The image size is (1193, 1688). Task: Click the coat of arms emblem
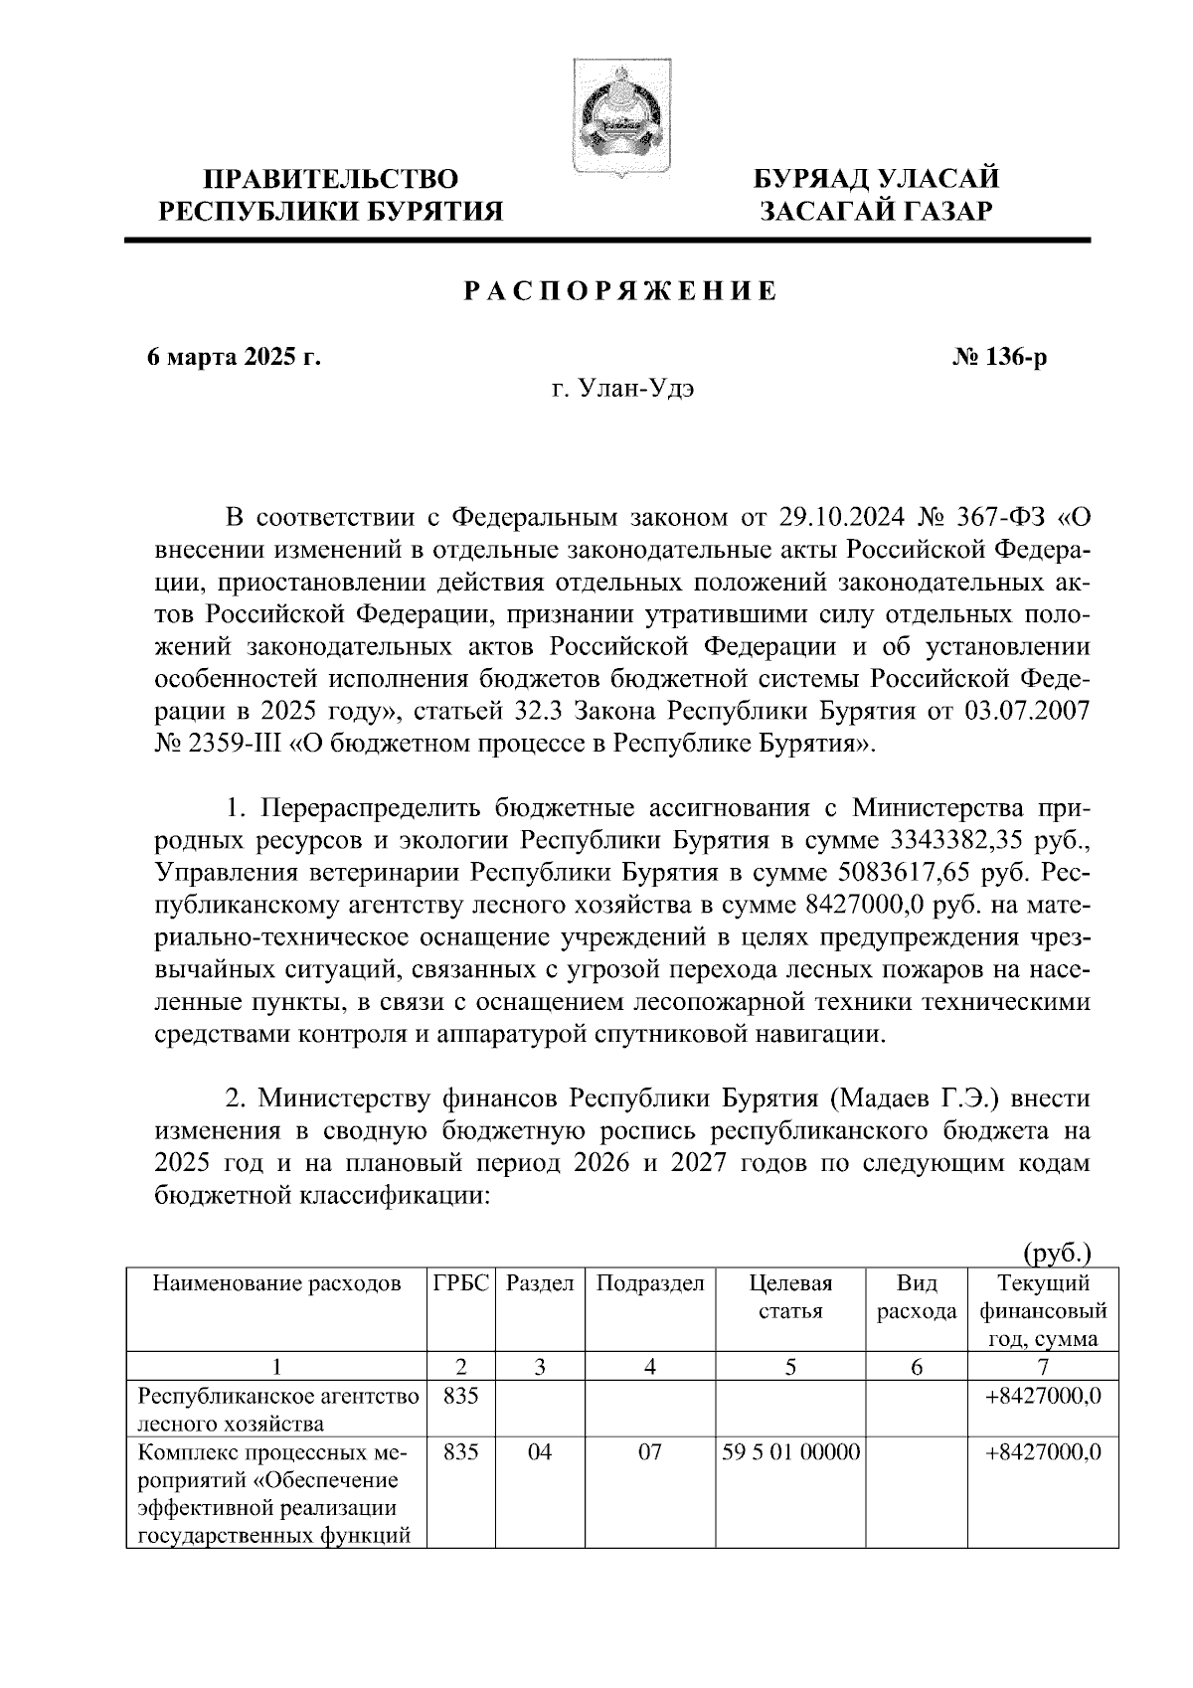609,119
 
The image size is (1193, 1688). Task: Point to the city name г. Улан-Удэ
623,389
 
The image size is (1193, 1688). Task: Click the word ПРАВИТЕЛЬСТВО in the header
332,180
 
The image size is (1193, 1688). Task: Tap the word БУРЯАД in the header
813,180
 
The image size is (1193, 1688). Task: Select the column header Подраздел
650,1283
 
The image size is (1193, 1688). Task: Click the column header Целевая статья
790,1296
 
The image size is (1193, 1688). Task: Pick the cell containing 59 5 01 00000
791,1452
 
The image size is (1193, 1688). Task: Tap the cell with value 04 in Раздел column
540,1452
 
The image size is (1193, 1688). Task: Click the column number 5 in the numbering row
790,1367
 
